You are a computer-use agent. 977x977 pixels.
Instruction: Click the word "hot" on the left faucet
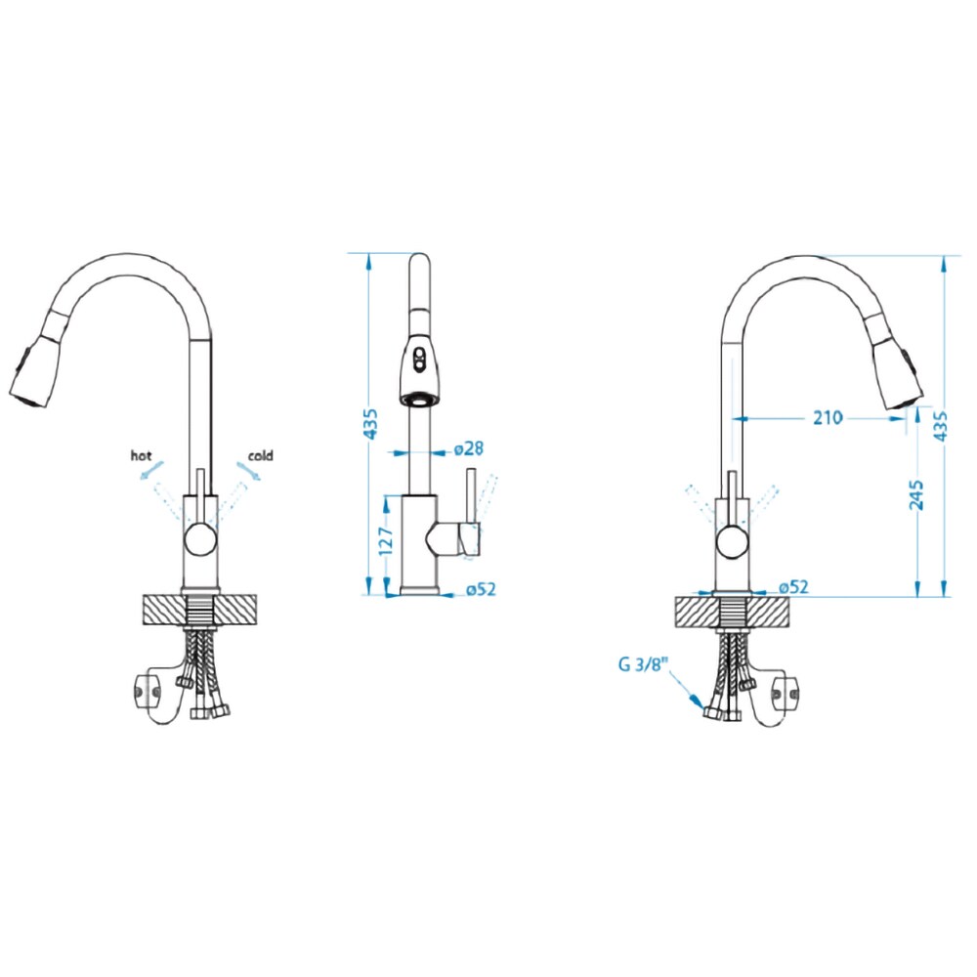141,455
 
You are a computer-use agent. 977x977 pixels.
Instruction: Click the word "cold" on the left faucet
261,455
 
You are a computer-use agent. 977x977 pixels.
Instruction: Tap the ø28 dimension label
469,448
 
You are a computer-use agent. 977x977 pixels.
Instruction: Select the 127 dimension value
386,541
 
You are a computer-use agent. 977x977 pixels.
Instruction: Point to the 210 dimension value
828,417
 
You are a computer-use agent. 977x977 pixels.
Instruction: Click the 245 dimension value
916,495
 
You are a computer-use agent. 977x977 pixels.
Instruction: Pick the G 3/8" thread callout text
643,663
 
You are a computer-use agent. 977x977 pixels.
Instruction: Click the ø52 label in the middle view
481,589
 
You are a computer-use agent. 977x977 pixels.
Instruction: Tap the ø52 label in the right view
793,587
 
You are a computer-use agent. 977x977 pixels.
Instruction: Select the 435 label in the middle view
370,424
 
